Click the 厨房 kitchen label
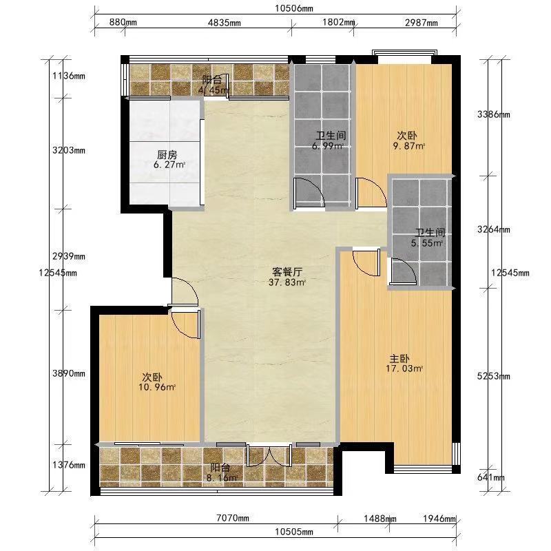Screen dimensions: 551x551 (x=167, y=154)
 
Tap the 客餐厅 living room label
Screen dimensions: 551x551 (x=287, y=271)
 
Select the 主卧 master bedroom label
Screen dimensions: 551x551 (x=399, y=359)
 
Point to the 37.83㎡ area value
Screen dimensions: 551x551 (x=287, y=282)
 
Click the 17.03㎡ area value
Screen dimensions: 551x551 (x=404, y=368)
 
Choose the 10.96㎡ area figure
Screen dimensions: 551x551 (x=157, y=387)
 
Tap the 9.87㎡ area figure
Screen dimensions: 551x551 (x=409, y=146)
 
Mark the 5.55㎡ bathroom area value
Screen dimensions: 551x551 (x=426, y=243)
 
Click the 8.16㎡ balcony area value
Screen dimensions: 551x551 (x=221, y=477)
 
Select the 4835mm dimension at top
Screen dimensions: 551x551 (x=225, y=23)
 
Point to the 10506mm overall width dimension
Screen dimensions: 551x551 (x=294, y=8)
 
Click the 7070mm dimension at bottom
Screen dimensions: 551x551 (x=233, y=518)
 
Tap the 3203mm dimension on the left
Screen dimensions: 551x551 (x=69, y=150)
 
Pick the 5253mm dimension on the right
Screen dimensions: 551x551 (x=493, y=376)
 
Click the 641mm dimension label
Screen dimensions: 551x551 (x=491, y=477)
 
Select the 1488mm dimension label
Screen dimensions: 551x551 (x=380, y=519)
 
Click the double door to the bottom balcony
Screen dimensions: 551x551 (x=269, y=455)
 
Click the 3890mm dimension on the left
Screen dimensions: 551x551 (x=69, y=373)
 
